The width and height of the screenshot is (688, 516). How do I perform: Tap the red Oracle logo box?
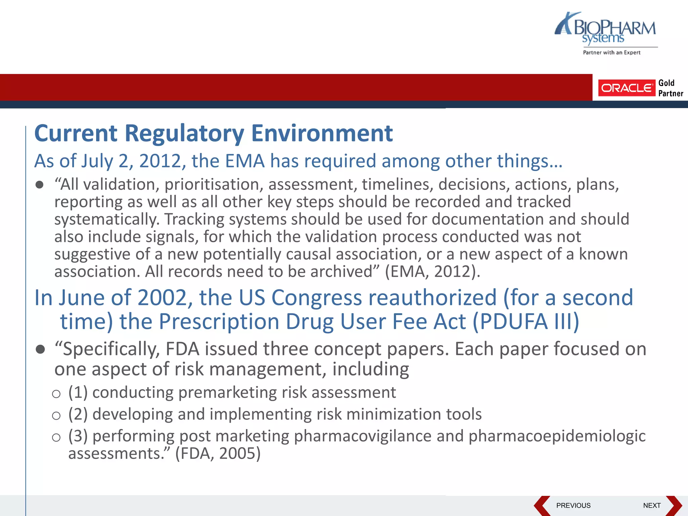coord(627,88)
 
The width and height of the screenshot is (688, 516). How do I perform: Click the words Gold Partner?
coord(670,88)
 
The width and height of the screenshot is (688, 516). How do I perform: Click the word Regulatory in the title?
coord(184,134)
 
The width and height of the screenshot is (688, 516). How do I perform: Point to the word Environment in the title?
coord(322,134)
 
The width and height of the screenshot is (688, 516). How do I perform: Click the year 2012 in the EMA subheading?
coord(161,161)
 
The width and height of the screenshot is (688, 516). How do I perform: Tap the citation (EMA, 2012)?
coord(433,271)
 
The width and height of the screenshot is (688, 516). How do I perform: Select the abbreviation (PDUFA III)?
coord(526,321)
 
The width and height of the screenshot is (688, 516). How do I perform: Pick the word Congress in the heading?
coord(316,298)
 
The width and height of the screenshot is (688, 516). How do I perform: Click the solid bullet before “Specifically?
coord(40,349)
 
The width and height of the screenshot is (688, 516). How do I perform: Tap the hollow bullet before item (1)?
coord(56,394)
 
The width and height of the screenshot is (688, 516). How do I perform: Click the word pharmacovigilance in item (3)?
coord(362,436)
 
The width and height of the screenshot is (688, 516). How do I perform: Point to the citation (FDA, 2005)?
coord(218,454)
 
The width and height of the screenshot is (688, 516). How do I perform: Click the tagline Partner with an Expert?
coord(611,52)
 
